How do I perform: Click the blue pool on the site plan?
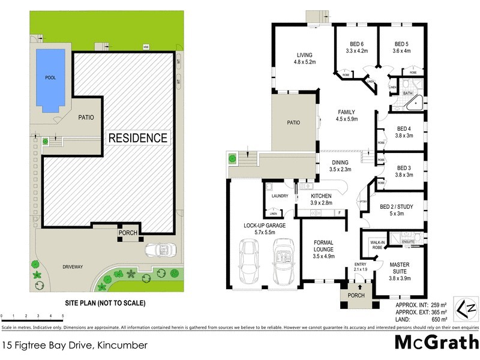click(50, 78)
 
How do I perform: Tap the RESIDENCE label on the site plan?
click(137, 137)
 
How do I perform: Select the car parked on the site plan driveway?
click(159, 248)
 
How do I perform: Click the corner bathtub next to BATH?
click(414, 104)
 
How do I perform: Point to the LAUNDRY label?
click(280, 196)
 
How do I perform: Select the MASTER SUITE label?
click(399, 268)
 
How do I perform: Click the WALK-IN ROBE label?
click(377, 244)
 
